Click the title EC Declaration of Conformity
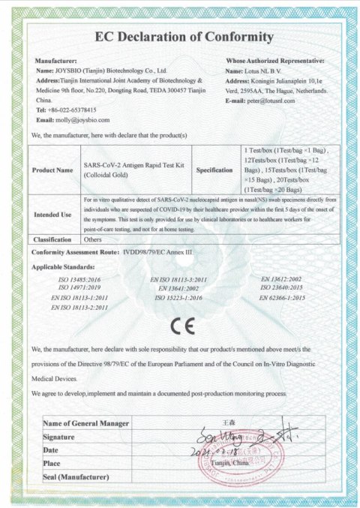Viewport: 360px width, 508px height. pos(183,37)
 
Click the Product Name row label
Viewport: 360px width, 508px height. pos(52,170)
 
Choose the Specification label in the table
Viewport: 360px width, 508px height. pos(214,170)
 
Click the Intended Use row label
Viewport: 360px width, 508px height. pos(52,214)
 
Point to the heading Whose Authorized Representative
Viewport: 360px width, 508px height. pos(274,60)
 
